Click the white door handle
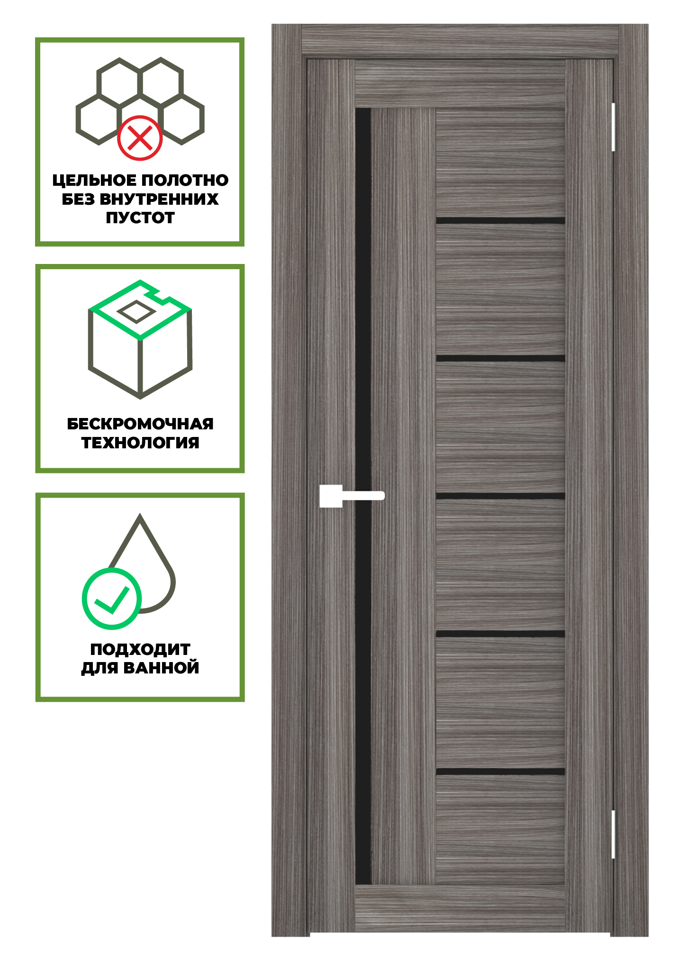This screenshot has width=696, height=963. pyautogui.click(x=351, y=496)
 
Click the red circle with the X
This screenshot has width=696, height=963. pyautogui.click(x=140, y=138)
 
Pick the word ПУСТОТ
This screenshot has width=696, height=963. pyautogui.click(x=140, y=218)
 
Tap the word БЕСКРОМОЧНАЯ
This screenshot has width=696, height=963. pyautogui.click(x=140, y=424)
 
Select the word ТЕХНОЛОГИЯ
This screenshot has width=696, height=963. pyautogui.click(x=140, y=443)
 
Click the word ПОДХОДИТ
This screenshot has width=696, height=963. pyautogui.click(x=140, y=649)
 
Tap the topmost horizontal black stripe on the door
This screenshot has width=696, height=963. pyautogui.click(x=500, y=220)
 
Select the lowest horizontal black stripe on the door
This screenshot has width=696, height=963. pyautogui.click(x=500, y=772)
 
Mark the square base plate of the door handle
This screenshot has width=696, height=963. pyautogui.click(x=331, y=496)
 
